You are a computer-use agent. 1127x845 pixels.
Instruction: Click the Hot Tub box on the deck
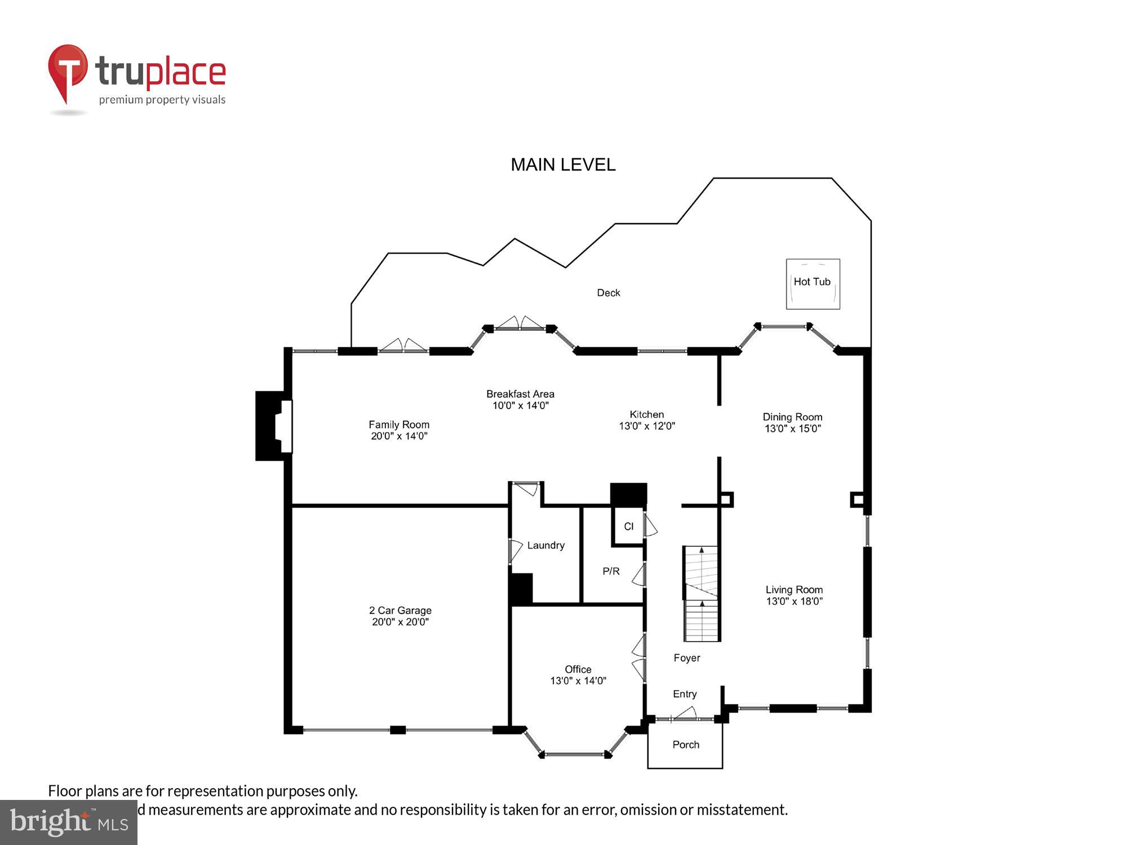click(x=813, y=283)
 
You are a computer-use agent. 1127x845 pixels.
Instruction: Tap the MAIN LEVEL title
click(x=562, y=164)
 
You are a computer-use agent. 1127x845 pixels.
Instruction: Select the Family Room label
click(x=399, y=424)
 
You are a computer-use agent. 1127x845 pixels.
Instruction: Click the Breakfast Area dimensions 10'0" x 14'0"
click(x=520, y=406)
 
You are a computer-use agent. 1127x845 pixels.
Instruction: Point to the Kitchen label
click(x=646, y=414)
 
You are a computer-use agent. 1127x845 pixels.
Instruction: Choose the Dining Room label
click(x=792, y=417)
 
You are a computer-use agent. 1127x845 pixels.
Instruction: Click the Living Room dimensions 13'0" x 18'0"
click(x=794, y=601)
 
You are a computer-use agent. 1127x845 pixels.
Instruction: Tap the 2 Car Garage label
click(x=400, y=610)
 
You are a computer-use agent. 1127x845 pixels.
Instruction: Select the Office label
click(x=578, y=669)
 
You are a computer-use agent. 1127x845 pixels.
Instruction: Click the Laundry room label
click(x=545, y=545)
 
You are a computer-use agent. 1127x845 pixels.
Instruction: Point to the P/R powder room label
click(x=611, y=571)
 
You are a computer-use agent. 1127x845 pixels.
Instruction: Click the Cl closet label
click(x=628, y=526)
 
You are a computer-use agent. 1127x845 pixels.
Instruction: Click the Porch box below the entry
click(x=685, y=745)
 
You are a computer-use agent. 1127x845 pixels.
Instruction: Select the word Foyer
click(x=686, y=658)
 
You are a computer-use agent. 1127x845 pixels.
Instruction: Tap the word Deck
click(x=608, y=293)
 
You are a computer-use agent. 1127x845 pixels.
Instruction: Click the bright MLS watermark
click(x=69, y=822)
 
